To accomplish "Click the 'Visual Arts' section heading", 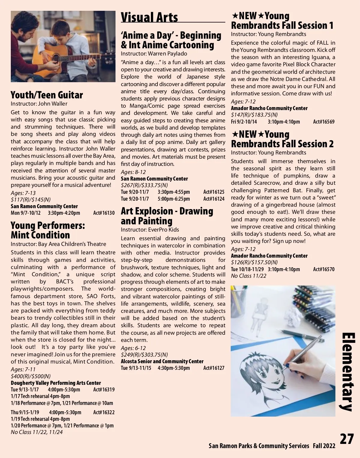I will pyautogui.click(x=149, y=17).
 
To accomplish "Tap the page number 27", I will pyautogui.click(x=347, y=439).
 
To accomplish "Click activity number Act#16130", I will pyautogui.click(x=104, y=213).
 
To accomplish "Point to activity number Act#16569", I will pyautogui.click(x=324, y=122).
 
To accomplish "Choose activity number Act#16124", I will pyautogui.click(x=214, y=199).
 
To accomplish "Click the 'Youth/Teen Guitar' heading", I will pyautogui.click(x=47, y=95).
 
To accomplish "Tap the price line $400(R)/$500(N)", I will pyautogui.click(x=31, y=376).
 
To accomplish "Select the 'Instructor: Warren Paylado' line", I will pyautogui.click(x=154, y=54).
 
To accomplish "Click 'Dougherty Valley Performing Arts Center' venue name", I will pyautogui.click(x=56, y=383).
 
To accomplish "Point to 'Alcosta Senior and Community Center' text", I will pyautogui.click(x=162, y=361).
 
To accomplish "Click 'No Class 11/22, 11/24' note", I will pyautogui.click(x=37, y=432).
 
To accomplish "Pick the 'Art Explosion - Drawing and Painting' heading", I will pyautogui.click(x=167, y=216).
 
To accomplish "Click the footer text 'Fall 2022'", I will pyautogui.click(x=324, y=446).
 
